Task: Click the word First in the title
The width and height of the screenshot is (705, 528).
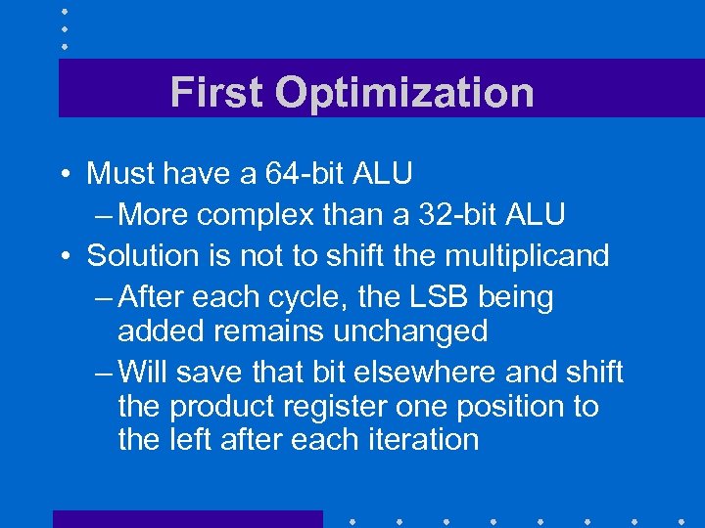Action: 216,93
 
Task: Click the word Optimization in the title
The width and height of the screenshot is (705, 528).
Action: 404,93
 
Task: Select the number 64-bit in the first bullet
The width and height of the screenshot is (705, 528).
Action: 303,174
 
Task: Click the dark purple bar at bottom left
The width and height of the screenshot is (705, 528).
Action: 187,518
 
